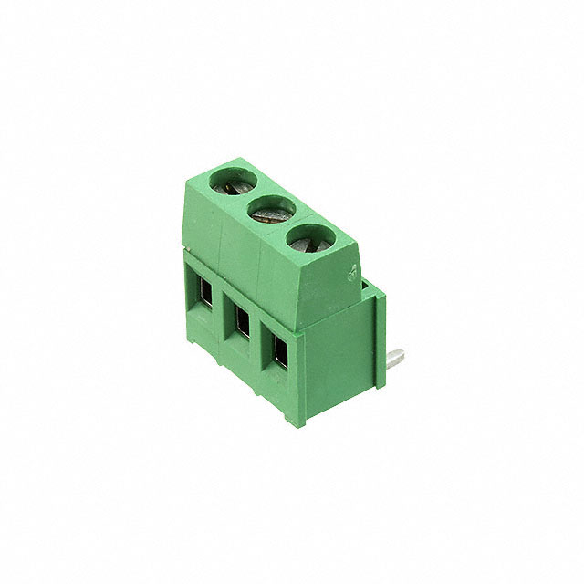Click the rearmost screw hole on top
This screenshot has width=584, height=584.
point(234,182)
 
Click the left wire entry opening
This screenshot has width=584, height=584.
point(205,294)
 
